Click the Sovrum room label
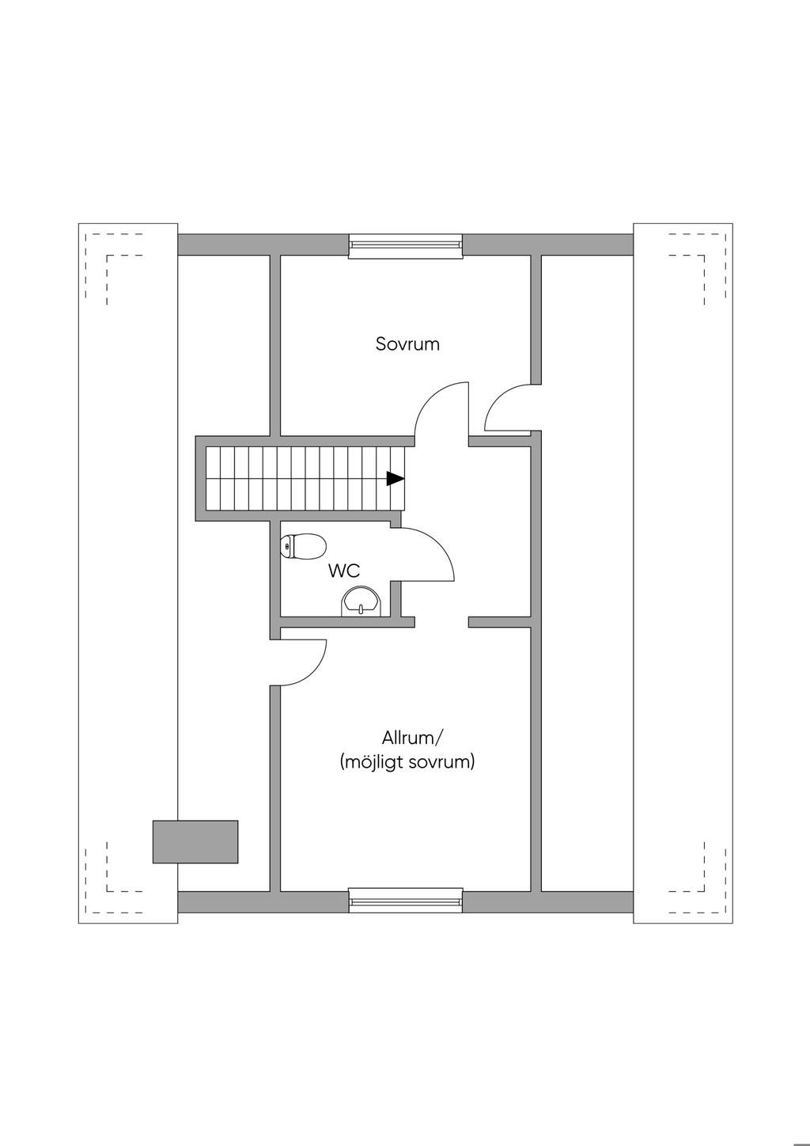pyautogui.click(x=407, y=344)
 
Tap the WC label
pyautogui.click(x=344, y=571)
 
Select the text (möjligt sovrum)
pyautogui.click(x=407, y=763)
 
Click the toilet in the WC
pyautogui.click(x=303, y=546)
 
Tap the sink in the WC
pyautogui.click(x=361, y=602)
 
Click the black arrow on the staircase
pyautogui.click(x=395, y=478)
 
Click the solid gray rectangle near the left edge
pyautogui.click(x=195, y=841)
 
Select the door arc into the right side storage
pyautogui.click(x=506, y=404)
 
